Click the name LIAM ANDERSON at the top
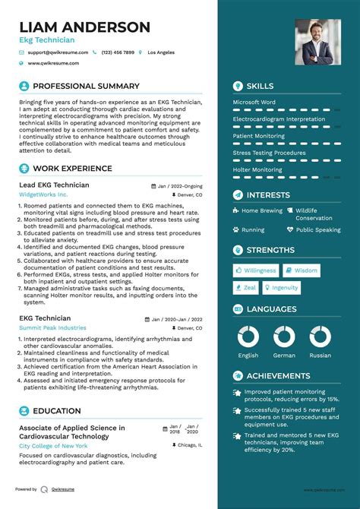click(x=84, y=27)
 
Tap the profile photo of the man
click(x=317, y=41)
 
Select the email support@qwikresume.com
click(x=58, y=52)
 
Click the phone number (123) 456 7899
click(x=117, y=52)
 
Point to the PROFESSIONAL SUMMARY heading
click(x=86, y=87)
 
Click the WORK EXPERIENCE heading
click(x=73, y=169)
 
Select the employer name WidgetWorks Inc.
click(x=43, y=194)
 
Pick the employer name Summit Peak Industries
click(x=52, y=327)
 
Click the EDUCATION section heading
click(x=57, y=411)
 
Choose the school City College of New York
click(x=54, y=446)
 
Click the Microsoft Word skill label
click(x=254, y=102)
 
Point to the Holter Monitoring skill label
click(x=257, y=170)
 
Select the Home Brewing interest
click(x=261, y=210)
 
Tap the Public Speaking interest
click(x=318, y=229)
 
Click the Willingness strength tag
click(x=256, y=270)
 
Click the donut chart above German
click(x=284, y=336)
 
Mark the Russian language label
click(x=320, y=355)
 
